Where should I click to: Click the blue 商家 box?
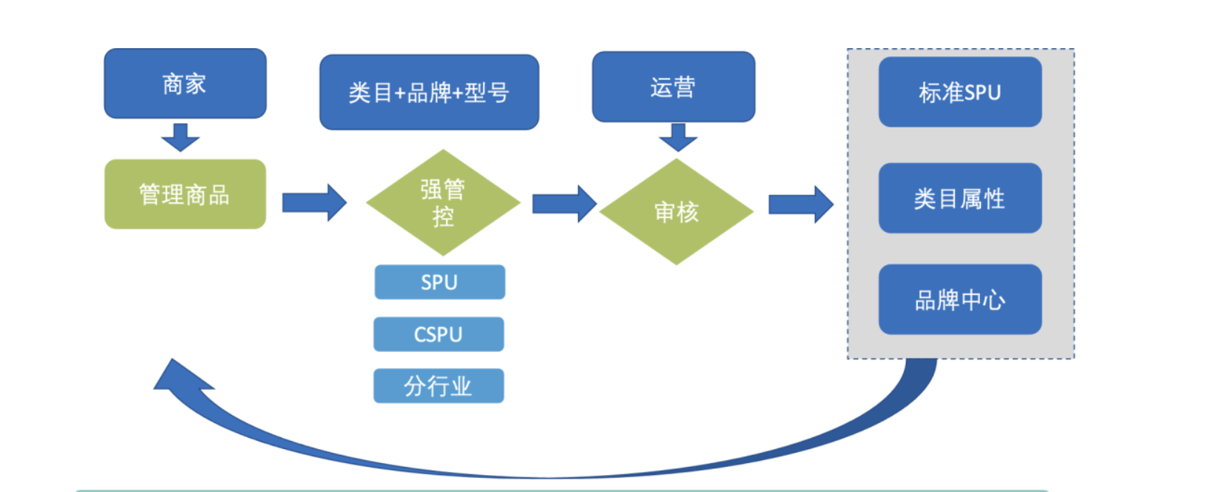coord(185,83)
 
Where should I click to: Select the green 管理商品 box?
coord(185,194)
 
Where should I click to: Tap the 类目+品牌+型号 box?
coord(429,92)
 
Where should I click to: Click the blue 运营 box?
coord(673,87)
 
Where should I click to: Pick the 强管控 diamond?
coord(443,202)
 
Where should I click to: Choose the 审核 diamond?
coord(676,212)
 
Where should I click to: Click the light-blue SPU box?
coord(440,282)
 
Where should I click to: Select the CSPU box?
coord(439,334)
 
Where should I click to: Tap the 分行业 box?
coord(439,386)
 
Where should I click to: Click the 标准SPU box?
coord(960,92)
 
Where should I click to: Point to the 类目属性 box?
coord(960,198)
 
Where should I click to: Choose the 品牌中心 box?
coord(960,299)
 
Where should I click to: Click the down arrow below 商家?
coord(180,138)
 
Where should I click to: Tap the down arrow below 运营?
coord(678,138)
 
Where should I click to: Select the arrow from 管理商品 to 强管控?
coord(314,203)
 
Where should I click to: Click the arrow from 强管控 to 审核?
coord(565,204)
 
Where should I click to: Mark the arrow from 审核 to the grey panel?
coord(801,205)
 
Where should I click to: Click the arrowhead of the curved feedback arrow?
coord(182,377)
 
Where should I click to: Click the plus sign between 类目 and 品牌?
coord(400,94)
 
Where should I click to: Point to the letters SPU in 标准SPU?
coord(982,93)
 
